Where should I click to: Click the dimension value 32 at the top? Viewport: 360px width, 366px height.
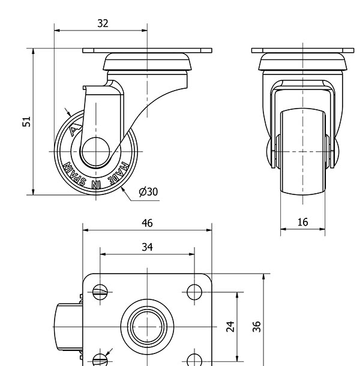point(103,23)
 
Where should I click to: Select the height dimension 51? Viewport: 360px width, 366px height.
point(27,122)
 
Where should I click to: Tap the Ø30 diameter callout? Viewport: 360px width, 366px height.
point(148,191)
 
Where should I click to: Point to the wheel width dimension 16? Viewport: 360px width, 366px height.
point(302,222)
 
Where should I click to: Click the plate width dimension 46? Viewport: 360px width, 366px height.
point(147,223)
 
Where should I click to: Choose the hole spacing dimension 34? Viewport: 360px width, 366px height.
point(147,247)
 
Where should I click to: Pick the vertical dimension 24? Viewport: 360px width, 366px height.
point(230,326)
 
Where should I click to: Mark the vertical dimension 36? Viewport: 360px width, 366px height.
point(257,326)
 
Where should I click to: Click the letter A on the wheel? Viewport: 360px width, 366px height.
point(74,129)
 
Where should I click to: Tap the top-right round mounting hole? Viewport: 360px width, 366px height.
point(194,292)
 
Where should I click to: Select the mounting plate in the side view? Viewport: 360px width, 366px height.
point(148,50)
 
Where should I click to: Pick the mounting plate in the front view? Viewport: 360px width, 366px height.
point(303,50)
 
